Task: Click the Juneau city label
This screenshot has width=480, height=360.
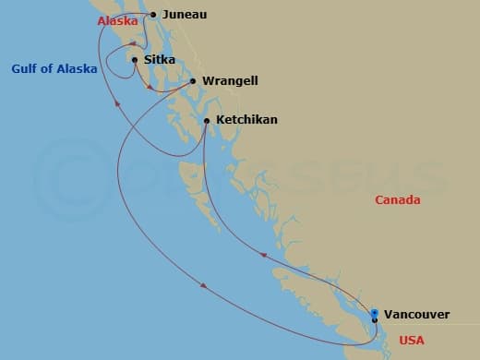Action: pyautogui.click(x=185, y=15)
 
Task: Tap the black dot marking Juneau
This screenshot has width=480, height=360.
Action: pyautogui.click(x=153, y=15)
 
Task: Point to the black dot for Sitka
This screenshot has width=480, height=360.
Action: pyautogui.click(x=135, y=61)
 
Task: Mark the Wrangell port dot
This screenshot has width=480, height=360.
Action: pyautogui.click(x=193, y=81)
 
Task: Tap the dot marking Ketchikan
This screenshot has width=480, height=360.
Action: pyautogui.click(x=206, y=120)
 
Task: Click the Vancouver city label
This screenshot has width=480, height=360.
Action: pyautogui.click(x=416, y=314)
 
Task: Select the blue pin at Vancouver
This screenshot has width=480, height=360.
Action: pyautogui.click(x=374, y=313)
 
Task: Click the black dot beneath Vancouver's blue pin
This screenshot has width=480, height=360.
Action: pyautogui.click(x=374, y=320)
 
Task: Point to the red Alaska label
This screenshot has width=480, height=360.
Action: pyautogui.click(x=115, y=19)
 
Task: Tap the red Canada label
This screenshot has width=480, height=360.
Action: pyautogui.click(x=397, y=200)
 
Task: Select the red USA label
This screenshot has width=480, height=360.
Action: pyautogui.click(x=412, y=341)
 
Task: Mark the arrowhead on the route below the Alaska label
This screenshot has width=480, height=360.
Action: pyautogui.click(x=115, y=104)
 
